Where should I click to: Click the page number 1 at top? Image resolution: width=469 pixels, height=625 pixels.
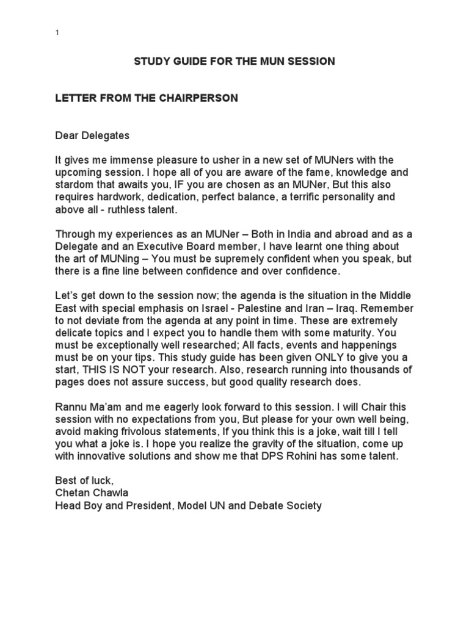point(57,32)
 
